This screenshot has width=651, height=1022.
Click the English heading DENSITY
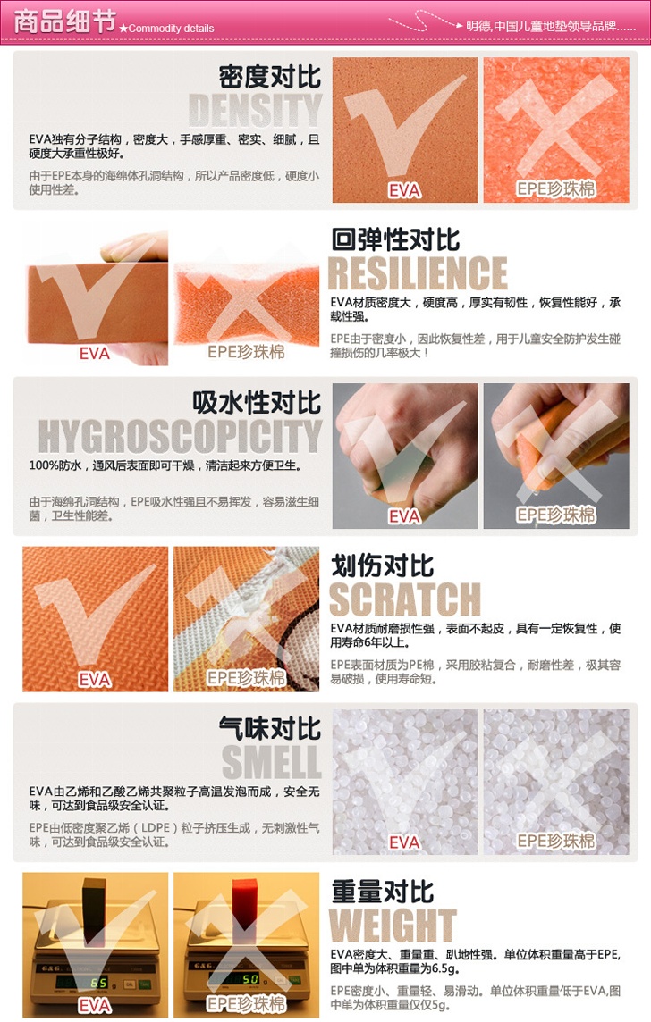(x=255, y=110)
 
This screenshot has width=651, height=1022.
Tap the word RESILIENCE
(x=418, y=273)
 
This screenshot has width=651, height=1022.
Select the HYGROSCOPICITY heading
(x=180, y=436)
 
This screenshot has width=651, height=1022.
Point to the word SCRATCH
(x=404, y=599)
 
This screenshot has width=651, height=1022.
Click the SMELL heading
(x=271, y=762)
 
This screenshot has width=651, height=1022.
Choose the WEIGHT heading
(x=392, y=925)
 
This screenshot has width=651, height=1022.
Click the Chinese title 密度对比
(x=270, y=76)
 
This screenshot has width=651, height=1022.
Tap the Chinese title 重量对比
(x=382, y=891)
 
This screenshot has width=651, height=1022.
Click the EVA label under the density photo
(x=404, y=190)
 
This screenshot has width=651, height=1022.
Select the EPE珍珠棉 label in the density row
(x=555, y=189)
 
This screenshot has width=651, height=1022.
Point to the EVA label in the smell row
(x=404, y=842)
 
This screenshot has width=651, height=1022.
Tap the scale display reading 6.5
(x=99, y=983)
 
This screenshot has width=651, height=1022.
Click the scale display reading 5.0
(x=250, y=980)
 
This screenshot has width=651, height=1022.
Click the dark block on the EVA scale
(x=94, y=900)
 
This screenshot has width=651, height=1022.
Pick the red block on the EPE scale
(x=246, y=900)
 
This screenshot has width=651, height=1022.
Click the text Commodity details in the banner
(x=171, y=28)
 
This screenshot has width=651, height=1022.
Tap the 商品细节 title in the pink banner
(x=64, y=21)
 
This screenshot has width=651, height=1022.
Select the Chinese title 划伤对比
(x=382, y=565)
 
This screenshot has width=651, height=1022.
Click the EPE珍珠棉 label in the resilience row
(x=246, y=352)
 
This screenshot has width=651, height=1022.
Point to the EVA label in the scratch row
(x=95, y=680)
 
